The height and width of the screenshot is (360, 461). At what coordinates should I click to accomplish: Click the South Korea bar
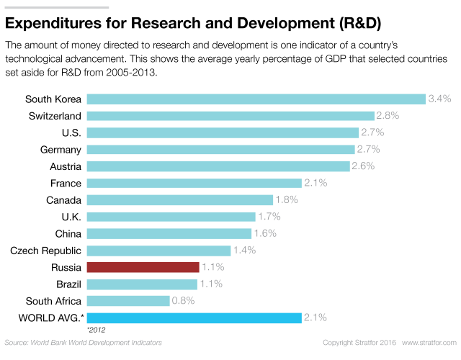click(x=256, y=99)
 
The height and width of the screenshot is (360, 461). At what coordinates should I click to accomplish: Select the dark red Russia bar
click(x=143, y=267)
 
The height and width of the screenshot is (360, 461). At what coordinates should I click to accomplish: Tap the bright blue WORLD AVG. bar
click(x=194, y=318)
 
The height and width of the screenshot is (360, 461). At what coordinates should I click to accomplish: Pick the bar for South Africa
click(x=128, y=301)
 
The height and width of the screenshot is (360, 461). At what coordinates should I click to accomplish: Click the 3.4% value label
click(x=439, y=99)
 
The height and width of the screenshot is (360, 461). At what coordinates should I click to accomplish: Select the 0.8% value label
click(x=184, y=301)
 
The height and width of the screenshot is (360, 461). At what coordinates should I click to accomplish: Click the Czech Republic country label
click(x=45, y=251)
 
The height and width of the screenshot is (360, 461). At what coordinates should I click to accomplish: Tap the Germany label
click(x=61, y=149)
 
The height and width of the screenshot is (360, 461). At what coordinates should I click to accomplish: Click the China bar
click(x=169, y=233)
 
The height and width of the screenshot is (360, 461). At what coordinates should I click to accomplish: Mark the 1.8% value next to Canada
click(x=287, y=200)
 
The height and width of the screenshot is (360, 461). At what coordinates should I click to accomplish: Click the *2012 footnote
click(x=97, y=330)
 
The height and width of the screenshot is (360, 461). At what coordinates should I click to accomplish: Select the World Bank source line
click(x=83, y=342)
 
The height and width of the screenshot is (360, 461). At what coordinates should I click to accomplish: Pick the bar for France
click(x=194, y=183)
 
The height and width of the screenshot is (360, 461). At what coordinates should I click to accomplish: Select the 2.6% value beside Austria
click(x=364, y=166)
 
